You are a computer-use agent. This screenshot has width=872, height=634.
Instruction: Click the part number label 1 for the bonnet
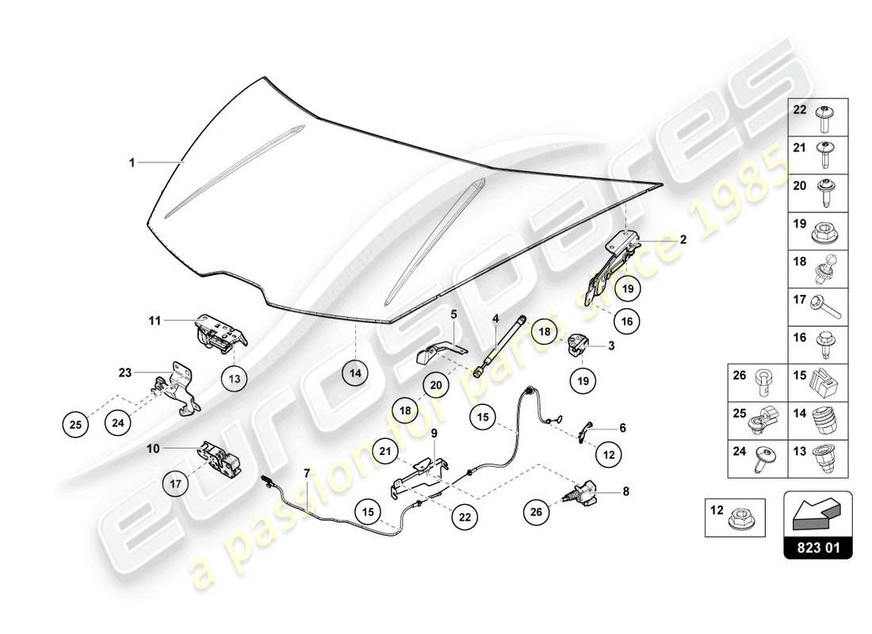pos(133,162)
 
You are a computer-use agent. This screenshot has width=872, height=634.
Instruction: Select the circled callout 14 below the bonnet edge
pos(356,372)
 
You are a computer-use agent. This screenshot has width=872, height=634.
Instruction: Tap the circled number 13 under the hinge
pos(235,380)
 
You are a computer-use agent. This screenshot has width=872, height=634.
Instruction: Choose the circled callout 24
pos(118,423)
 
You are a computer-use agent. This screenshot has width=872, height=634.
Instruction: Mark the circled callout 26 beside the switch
pos(536,512)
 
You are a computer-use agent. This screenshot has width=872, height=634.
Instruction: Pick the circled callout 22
pos(464,516)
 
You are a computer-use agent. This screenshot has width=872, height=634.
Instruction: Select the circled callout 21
pos(385,453)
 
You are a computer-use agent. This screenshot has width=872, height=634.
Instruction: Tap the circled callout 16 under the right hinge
pos(626,321)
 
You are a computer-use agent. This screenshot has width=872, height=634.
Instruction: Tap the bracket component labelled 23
pos(179,388)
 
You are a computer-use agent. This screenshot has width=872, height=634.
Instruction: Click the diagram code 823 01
pos(818,546)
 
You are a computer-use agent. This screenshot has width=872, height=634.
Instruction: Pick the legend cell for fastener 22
pos(818,117)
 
